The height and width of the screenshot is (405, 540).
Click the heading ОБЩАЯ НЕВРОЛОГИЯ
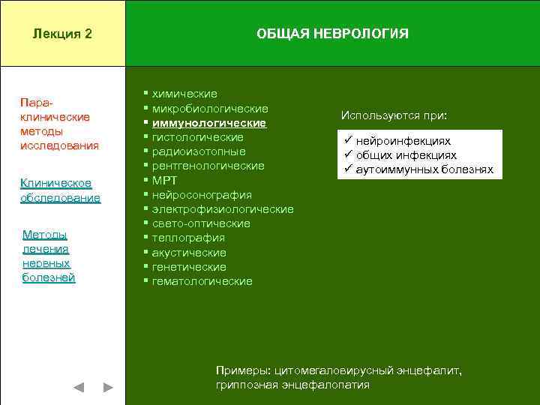coord(332,34)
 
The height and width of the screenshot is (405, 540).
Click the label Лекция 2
coord(63,34)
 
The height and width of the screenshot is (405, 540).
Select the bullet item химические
coord(184,94)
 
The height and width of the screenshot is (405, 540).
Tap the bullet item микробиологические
coord(210,109)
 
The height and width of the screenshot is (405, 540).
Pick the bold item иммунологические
coord(208,123)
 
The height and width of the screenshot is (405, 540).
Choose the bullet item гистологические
coord(197,137)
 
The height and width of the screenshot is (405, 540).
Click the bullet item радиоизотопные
coord(199,151)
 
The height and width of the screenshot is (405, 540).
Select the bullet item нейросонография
coord(202,195)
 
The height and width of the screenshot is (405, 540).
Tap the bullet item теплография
coord(188,238)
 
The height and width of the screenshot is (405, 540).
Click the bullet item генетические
coord(189,267)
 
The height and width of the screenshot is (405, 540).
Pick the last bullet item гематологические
coord(202,281)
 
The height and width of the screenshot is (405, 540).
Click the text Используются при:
coord(394,116)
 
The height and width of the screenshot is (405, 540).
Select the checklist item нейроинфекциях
coord(403,141)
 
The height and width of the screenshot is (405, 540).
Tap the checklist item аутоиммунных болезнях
coord(424,169)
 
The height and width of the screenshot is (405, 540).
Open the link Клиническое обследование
coord(60,190)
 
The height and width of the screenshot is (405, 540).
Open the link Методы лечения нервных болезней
coord(49,256)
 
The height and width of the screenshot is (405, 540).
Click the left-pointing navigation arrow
coord(79,388)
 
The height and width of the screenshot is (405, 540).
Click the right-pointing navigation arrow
coord(108,388)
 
